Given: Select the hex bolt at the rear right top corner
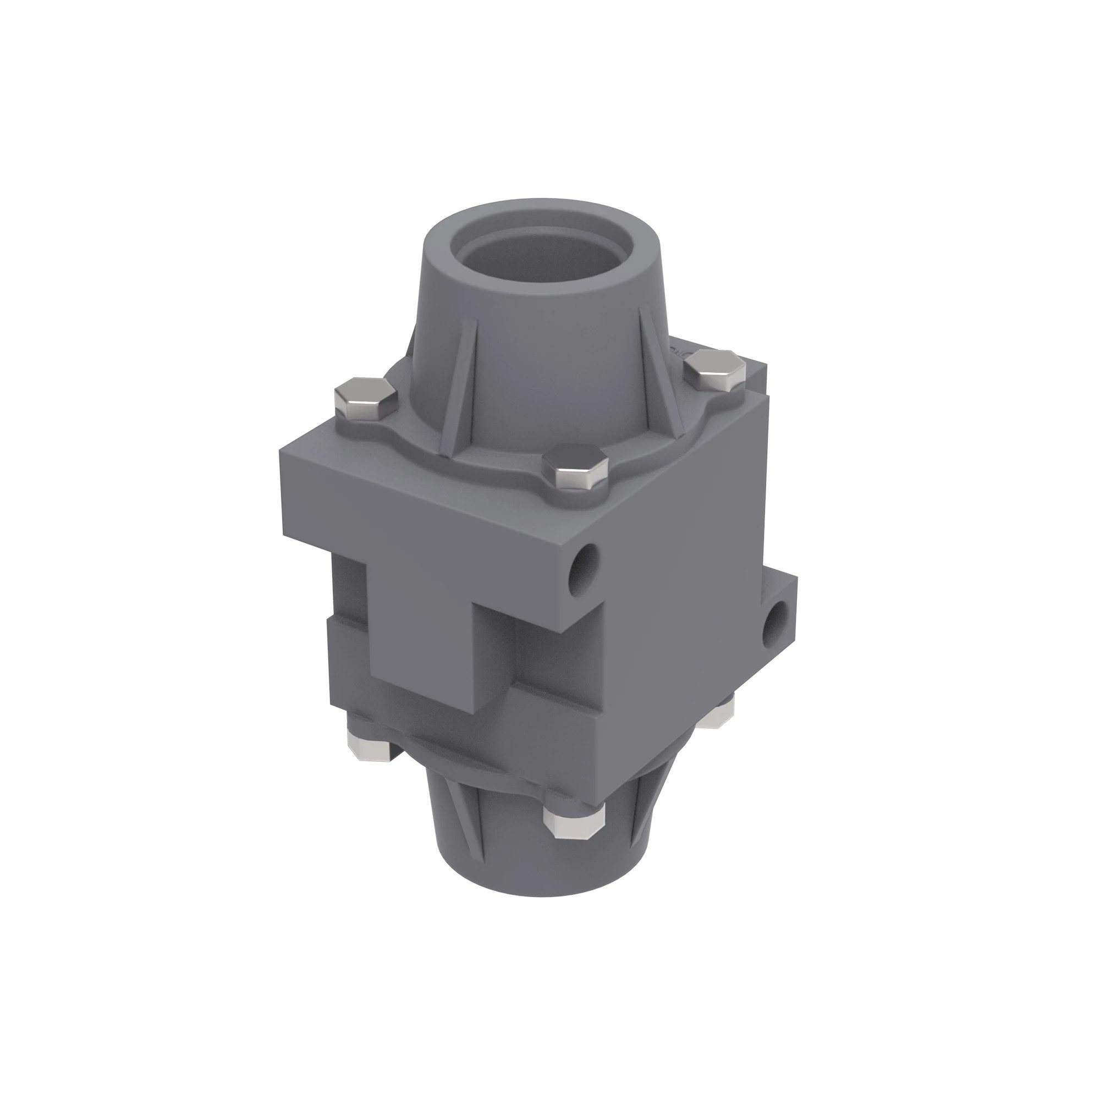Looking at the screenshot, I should point(714,371).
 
